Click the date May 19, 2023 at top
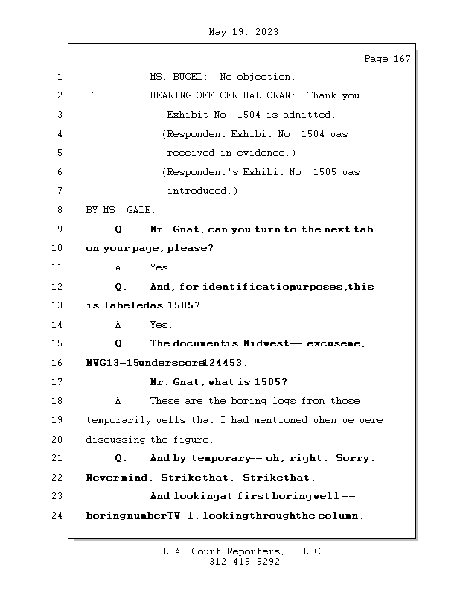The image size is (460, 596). click(x=244, y=32)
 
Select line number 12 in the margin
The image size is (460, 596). click(x=58, y=287)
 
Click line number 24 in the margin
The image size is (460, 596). click(x=58, y=516)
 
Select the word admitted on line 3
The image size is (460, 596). click(x=313, y=115)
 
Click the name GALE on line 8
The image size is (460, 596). click(x=138, y=210)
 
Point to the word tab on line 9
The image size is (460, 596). click(x=364, y=229)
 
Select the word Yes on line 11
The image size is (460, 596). click(x=161, y=267)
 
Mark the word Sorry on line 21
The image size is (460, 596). click(x=353, y=458)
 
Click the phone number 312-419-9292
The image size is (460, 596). click(x=244, y=562)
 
